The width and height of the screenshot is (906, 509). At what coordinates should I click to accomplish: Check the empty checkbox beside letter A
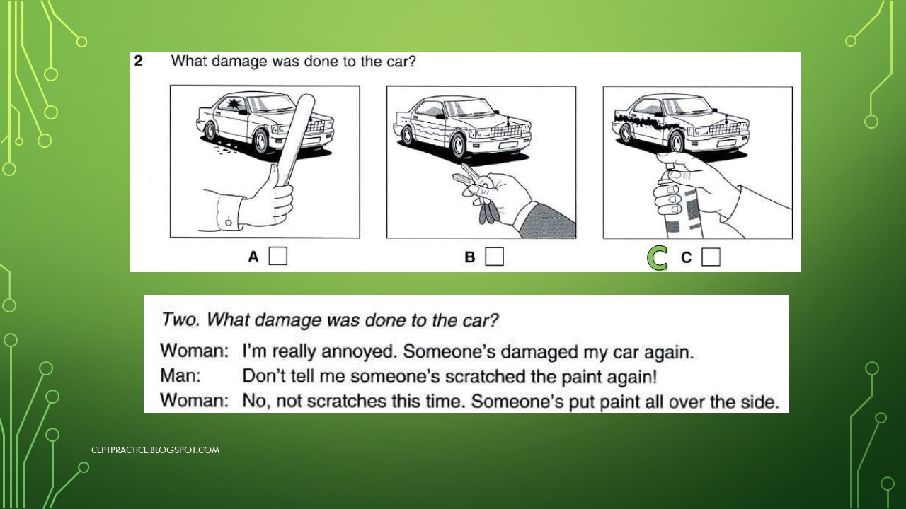pos(278,256)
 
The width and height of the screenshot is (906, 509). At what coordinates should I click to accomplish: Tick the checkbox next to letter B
pos(495,256)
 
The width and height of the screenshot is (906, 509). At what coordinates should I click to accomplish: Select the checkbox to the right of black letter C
pos(711,257)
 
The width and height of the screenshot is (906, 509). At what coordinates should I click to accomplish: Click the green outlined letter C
pos(658,259)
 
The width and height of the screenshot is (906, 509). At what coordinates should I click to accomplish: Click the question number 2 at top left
pos(139,61)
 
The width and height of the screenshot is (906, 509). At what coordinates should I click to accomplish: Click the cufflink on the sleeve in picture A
pos(229,223)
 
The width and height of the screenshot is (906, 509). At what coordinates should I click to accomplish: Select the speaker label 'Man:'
pos(181,376)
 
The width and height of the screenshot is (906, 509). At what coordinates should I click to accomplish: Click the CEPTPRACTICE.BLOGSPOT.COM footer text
pos(155,450)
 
